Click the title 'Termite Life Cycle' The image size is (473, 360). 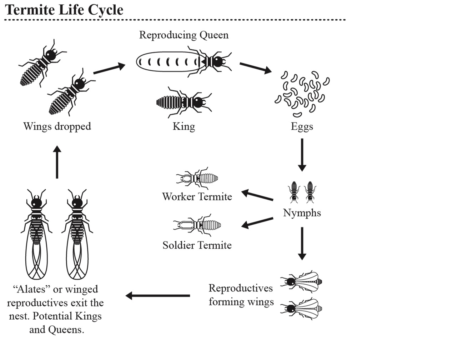[x=64, y=10]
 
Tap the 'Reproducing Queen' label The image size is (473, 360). [x=183, y=35]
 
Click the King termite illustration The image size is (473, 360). [x=183, y=102]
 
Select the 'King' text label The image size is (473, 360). [x=183, y=126]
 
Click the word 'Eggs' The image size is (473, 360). [x=302, y=126]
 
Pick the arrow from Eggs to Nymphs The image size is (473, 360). [x=302, y=154]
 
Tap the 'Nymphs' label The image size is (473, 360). [x=302, y=213]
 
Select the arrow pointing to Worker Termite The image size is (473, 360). [x=257, y=195]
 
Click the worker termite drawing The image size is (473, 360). [x=197, y=177]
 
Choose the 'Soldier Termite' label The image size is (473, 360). [x=197, y=245]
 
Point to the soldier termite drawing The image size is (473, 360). [x=197, y=225]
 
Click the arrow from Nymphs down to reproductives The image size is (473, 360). [x=302, y=243]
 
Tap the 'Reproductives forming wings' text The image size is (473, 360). [x=241, y=295]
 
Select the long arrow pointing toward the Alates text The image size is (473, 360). [x=158, y=295]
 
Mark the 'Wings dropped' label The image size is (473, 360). [x=57, y=126]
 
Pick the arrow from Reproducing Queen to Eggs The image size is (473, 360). [x=255, y=67]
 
